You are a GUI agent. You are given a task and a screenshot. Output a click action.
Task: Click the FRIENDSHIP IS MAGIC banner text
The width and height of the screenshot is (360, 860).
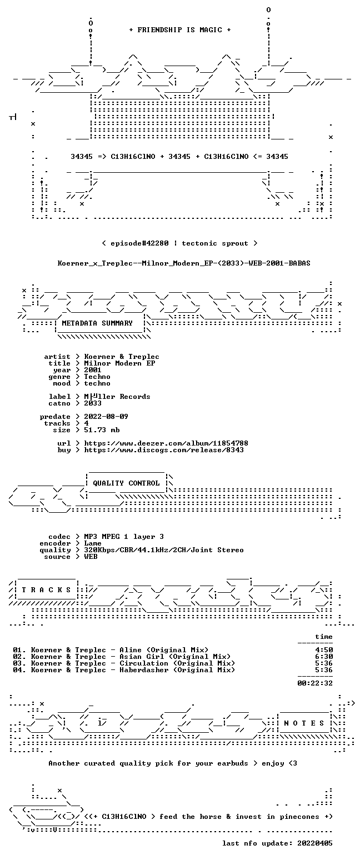(180, 30)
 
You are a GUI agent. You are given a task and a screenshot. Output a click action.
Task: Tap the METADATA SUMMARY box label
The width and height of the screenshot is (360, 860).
(97, 323)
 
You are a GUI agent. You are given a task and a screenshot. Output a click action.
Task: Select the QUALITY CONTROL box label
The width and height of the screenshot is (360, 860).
(126, 483)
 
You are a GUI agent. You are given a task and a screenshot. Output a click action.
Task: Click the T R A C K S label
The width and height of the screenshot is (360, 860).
(47, 589)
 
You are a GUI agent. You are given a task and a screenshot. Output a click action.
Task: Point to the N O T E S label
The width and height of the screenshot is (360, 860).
(304, 723)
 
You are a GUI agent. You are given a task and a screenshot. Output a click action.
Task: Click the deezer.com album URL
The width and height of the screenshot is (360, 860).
(166, 443)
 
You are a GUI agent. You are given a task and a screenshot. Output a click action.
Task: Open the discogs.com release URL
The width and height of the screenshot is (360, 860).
(164, 450)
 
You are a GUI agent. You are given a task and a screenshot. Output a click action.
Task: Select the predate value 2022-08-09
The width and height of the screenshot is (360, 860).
(106, 417)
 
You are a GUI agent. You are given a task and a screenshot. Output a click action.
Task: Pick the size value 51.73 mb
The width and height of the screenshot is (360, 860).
(102, 430)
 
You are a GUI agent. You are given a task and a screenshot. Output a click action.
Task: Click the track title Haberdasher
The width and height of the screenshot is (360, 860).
(144, 670)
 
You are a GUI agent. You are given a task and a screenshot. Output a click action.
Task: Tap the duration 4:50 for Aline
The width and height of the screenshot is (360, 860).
(324, 650)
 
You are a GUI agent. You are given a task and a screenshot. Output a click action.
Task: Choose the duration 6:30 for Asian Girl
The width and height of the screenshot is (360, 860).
(324, 657)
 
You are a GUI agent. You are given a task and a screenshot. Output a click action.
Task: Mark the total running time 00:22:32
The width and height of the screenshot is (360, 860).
(315, 683)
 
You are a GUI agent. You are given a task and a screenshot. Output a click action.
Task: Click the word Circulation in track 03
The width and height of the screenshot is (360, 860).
(144, 663)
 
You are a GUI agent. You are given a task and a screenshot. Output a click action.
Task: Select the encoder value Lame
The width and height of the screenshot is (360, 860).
(93, 543)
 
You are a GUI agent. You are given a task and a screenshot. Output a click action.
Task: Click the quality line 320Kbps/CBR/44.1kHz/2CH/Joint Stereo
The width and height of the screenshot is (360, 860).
(164, 550)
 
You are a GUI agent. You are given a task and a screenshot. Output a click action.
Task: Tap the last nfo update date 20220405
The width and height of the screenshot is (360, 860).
(315, 843)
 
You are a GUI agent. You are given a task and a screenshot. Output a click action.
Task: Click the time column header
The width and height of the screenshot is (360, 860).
(324, 637)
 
